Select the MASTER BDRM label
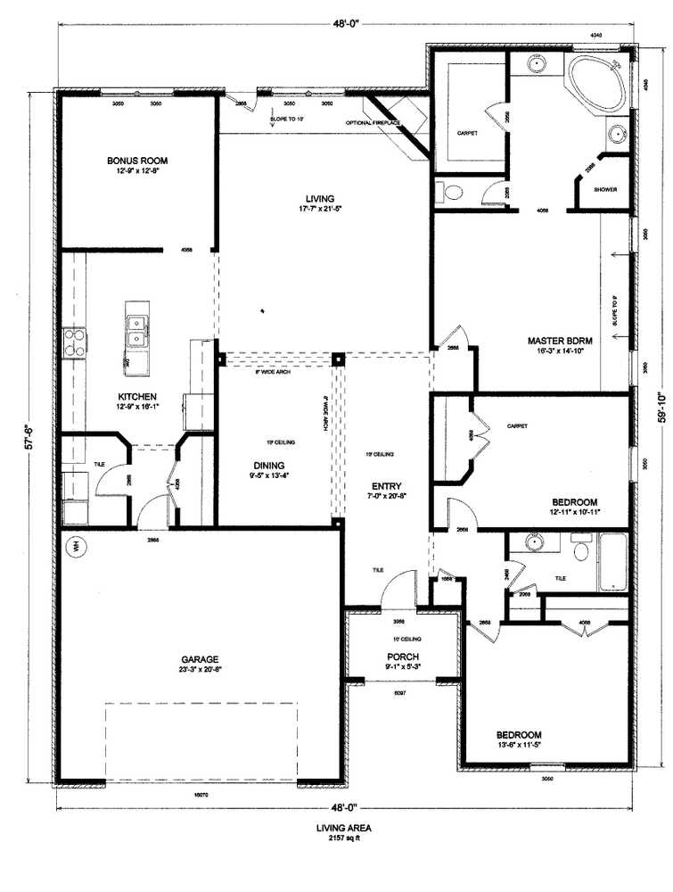[560, 341]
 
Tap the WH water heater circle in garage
[77, 546]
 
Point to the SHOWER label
[606, 190]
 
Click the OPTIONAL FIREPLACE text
[373, 122]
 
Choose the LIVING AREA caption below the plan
[343, 828]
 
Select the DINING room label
[268, 465]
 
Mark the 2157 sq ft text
[343, 839]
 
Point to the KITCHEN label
[138, 396]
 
